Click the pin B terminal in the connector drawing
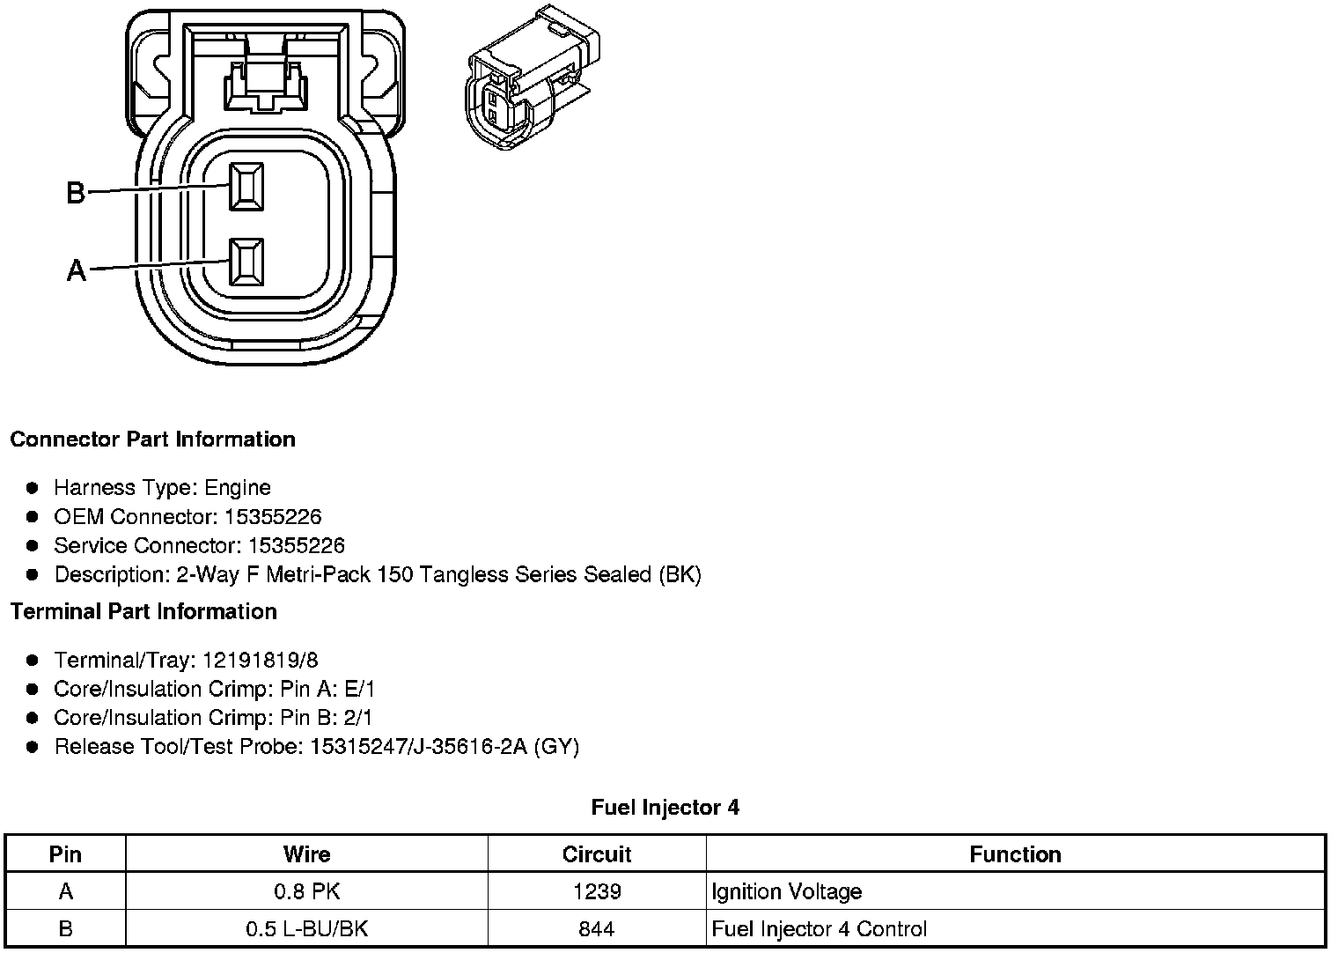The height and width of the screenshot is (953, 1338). tap(246, 187)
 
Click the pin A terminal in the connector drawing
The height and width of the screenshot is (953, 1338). tap(246, 262)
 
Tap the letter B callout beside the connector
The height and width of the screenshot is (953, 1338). tap(77, 192)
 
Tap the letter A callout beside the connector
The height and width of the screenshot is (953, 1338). tap(77, 270)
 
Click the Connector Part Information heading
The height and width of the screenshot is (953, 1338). tap(153, 440)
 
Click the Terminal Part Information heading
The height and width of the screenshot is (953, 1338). tap(143, 611)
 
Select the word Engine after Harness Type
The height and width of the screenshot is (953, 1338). tap(238, 488)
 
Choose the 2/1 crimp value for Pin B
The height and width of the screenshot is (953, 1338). tap(357, 718)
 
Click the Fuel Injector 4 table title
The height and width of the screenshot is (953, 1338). tap(665, 807)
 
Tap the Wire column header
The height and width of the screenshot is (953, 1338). tap(306, 853)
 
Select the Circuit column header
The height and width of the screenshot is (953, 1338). tap(597, 854)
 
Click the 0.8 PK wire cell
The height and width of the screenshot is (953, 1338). tap(306, 891)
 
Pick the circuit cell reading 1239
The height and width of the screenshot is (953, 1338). tap(597, 891)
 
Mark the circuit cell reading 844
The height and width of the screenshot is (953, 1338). tap(597, 929)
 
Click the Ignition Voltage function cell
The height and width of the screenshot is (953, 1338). tap(786, 891)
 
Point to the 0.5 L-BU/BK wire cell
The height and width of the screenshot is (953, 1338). tap(306, 929)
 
